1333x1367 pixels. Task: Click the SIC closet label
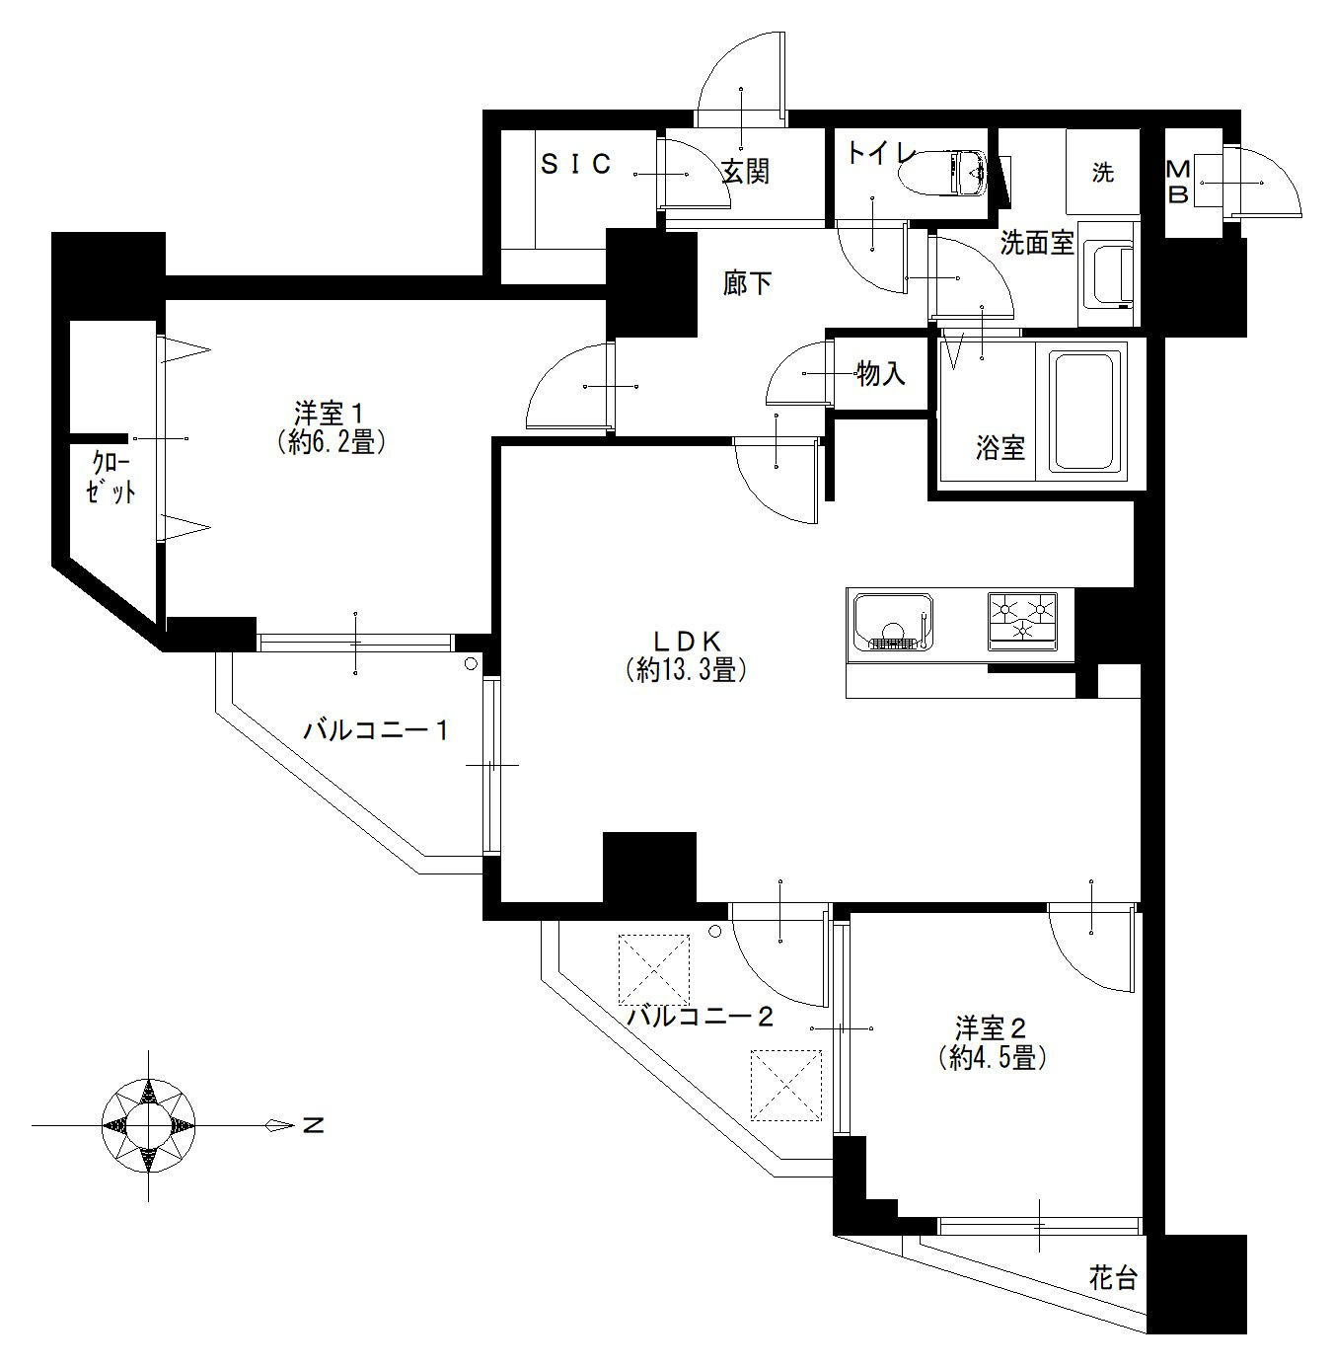click(x=576, y=165)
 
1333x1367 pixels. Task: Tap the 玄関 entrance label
click(x=746, y=171)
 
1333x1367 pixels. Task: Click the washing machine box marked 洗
click(x=1103, y=172)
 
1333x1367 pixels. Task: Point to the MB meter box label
click(x=1178, y=182)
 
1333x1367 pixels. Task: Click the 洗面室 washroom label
click(x=1037, y=243)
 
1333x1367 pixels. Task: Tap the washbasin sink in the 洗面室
click(x=1108, y=274)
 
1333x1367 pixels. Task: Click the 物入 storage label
click(x=881, y=374)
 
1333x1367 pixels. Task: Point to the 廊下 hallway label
click(x=747, y=283)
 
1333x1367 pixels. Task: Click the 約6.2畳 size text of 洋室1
click(x=331, y=442)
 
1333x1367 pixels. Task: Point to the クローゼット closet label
click(x=111, y=478)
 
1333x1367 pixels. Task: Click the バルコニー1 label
click(x=376, y=731)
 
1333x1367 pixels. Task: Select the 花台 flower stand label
click(x=1113, y=1278)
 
